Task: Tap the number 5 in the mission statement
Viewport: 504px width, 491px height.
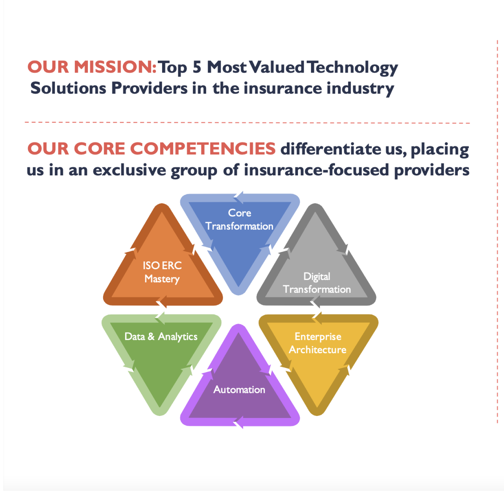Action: click(197, 67)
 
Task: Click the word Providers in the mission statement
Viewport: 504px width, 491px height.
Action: click(149, 88)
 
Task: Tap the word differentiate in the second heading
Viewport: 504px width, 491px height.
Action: click(330, 149)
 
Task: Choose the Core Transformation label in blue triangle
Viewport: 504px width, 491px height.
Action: click(239, 220)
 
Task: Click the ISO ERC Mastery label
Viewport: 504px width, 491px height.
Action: click(162, 272)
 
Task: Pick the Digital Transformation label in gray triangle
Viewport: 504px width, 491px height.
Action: click(317, 283)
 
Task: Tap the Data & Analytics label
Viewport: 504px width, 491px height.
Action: click(161, 337)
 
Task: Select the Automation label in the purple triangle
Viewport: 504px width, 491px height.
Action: click(239, 390)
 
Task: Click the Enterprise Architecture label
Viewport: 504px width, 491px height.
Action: click(318, 343)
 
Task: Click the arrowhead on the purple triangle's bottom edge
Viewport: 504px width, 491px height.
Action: click(238, 422)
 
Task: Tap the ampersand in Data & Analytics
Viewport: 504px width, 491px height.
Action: click(151, 336)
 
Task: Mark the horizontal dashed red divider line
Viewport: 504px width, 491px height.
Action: click(247, 123)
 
